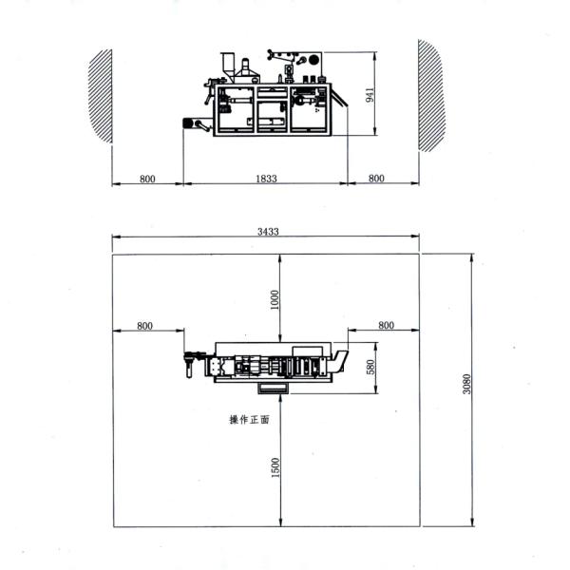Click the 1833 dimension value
point(266,179)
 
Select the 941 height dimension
point(370,94)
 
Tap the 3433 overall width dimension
point(268,232)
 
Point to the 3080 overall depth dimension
point(466,384)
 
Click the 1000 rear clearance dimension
point(275,299)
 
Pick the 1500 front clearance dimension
point(275,467)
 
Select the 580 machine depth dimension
point(370,367)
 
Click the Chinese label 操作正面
point(249,420)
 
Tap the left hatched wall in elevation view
point(101,96)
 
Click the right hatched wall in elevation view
point(431,95)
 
